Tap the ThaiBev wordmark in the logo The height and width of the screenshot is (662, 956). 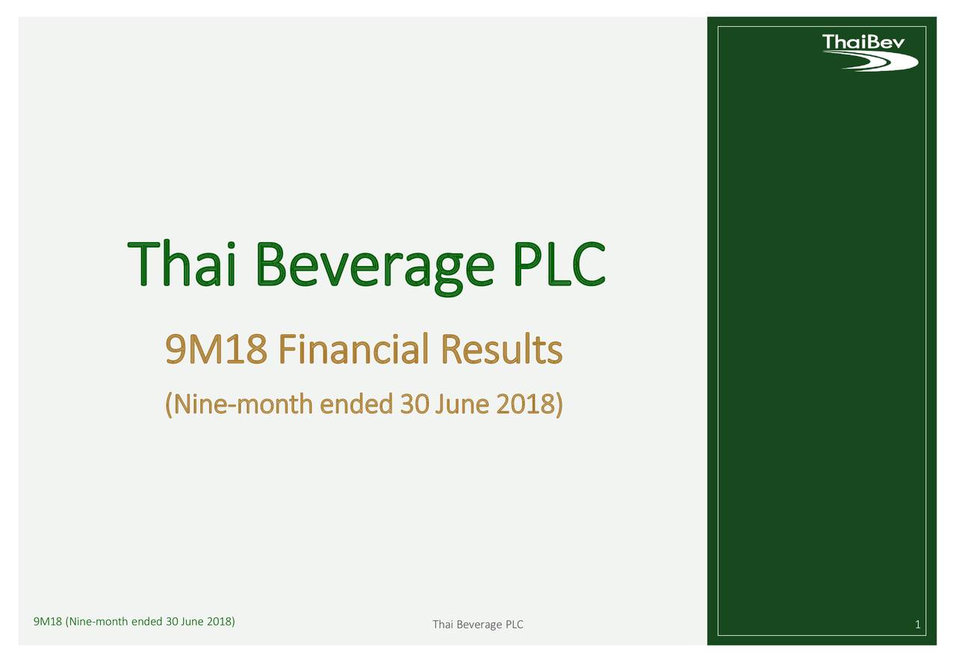pos(863,42)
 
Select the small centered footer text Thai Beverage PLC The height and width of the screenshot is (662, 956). pos(478,625)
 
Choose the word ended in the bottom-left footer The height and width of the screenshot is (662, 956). pos(146,622)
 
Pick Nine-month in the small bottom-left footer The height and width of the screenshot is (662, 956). pos(99,622)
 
